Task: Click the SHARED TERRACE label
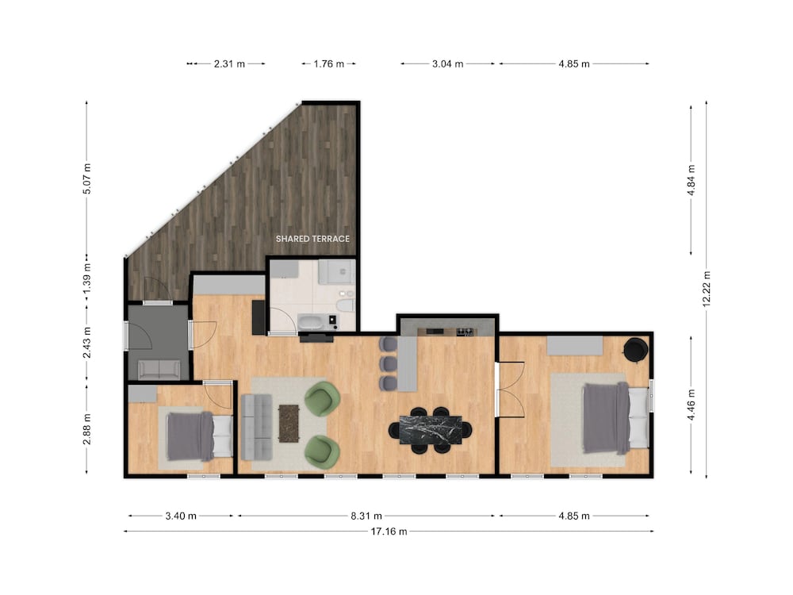312,239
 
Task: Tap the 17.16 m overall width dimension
389,532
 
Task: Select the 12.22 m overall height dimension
707,289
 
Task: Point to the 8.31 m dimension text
366,516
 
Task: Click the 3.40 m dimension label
181,516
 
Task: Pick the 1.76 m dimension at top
329,63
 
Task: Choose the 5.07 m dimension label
87,178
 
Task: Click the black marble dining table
431,430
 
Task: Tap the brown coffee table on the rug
289,423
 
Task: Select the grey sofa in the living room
256,427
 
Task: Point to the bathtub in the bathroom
312,322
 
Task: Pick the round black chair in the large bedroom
635,350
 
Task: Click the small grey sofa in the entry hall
159,370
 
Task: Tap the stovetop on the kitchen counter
467,332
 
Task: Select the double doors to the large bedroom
511,389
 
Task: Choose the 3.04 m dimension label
447,63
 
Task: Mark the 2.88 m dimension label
87,429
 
